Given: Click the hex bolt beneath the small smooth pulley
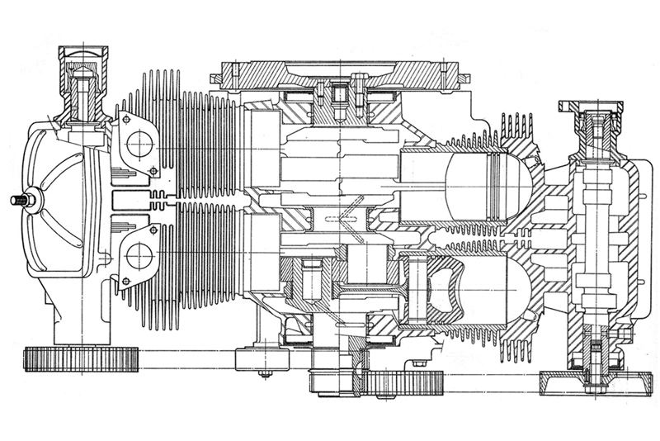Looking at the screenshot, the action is (x=263, y=374).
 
